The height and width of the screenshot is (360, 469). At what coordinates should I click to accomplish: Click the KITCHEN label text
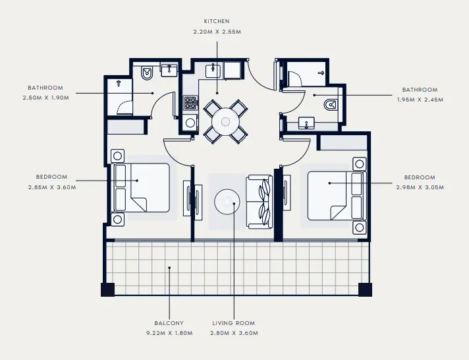[x=217, y=21]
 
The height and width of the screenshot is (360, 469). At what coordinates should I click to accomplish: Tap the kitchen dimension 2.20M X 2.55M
[x=217, y=31]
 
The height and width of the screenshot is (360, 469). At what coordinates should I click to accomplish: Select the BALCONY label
[x=169, y=323]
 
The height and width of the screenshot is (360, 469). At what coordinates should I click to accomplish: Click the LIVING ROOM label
[x=233, y=323]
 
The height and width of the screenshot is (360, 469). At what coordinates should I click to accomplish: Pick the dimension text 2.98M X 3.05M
[x=419, y=187]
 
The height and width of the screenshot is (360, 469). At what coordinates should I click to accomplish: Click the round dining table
[x=226, y=121]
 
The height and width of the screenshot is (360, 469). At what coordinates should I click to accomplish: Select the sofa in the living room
[x=259, y=202]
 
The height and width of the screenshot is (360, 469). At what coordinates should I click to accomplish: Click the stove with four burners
[x=190, y=104]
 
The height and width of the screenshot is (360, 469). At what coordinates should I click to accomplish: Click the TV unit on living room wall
[x=196, y=201]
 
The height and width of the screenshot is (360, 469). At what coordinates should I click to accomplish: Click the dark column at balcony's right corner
[x=364, y=289]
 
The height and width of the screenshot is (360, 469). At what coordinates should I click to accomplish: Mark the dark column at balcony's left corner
[x=107, y=289]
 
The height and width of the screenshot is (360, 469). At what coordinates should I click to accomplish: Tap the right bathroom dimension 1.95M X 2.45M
[x=419, y=100]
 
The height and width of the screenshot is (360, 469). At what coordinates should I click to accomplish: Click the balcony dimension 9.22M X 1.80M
[x=169, y=333]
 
